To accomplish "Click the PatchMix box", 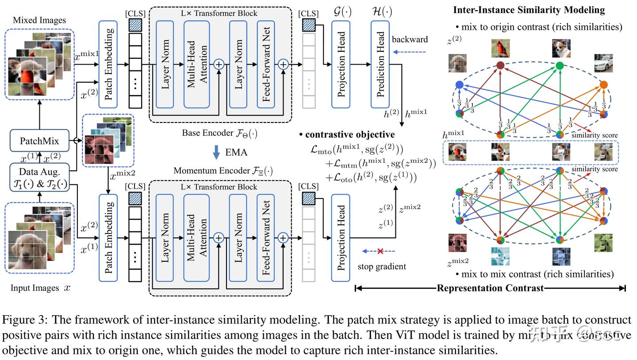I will pos(39,141).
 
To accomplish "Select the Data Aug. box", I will pos(39,177).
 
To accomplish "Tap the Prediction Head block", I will pos(380,64).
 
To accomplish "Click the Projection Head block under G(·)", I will pos(341,64).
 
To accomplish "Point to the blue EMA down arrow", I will pos(216,152).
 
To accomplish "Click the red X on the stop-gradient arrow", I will pos(380,251).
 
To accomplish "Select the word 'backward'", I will pos(410,39).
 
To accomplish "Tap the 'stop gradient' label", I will pos(381,266).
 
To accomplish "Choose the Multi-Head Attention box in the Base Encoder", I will pos(196,64).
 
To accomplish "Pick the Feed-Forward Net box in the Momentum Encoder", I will pos(266,237).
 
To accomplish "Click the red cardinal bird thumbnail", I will pos(500,48).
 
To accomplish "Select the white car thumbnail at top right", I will pos(603,63).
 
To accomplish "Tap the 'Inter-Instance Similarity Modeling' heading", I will pos(529,10).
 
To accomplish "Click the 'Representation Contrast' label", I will pos(490,288).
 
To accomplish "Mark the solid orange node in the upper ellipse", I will pos(603,84).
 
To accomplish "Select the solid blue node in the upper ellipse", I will pos(459,84).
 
